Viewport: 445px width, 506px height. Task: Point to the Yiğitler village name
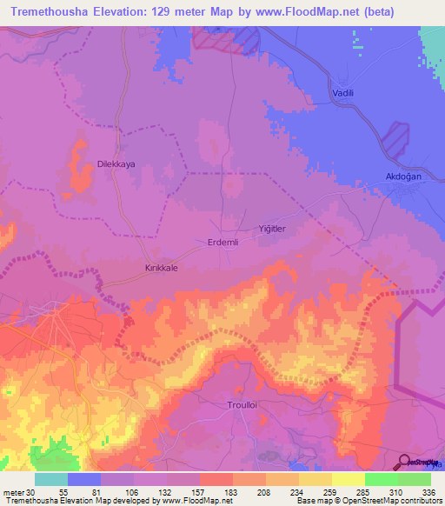pos(272,228)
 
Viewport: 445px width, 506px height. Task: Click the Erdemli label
pos(222,243)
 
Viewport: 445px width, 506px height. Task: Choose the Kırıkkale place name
pos(161,269)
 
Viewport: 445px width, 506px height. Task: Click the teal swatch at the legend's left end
pos(50,479)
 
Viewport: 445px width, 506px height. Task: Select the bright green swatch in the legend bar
pos(381,479)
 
